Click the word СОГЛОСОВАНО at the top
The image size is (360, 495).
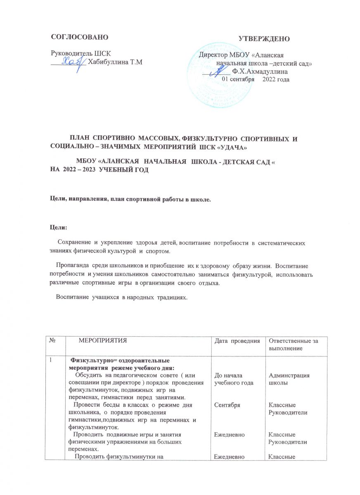click(79, 37)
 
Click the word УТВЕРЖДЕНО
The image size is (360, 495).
click(265, 39)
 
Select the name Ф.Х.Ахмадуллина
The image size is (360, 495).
click(260, 71)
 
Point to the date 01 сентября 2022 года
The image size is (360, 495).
click(256, 79)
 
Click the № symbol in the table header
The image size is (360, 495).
click(53, 340)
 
